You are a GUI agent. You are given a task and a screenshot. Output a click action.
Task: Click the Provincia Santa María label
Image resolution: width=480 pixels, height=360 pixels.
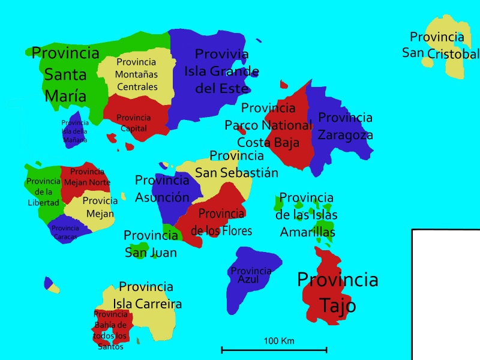click(65, 74)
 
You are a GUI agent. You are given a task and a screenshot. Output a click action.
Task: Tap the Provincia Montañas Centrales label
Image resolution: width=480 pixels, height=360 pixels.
click(137, 74)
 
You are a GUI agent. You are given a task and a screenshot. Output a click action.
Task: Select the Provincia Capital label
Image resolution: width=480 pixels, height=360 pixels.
click(134, 123)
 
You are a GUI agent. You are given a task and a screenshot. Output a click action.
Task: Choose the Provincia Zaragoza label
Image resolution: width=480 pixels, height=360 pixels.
click(345, 126)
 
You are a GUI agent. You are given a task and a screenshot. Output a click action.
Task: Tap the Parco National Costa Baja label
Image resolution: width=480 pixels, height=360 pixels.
click(268, 125)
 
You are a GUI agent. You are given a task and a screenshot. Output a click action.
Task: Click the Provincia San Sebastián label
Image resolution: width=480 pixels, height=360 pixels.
click(236, 164)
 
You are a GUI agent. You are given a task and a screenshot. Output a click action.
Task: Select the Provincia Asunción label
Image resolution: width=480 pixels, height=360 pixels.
click(162, 188)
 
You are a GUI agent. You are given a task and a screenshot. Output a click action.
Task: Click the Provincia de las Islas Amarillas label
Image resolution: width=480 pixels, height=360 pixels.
click(307, 215)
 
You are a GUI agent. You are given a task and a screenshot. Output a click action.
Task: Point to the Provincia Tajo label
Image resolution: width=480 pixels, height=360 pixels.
click(338, 292)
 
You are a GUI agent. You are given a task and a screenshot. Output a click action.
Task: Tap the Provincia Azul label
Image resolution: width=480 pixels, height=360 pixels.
click(251, 275)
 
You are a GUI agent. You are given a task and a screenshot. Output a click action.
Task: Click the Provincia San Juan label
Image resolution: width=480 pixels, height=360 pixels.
click(151, 244)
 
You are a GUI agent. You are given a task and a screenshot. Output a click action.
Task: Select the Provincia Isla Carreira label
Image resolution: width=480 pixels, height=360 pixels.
click(146, 295)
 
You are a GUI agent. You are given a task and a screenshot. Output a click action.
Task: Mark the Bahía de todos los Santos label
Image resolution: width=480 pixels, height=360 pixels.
click(110, 330)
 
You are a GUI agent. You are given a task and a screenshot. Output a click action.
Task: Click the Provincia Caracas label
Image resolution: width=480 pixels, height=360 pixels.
click(65, 232)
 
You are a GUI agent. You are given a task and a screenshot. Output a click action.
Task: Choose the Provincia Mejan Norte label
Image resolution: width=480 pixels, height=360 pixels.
click(87, 177)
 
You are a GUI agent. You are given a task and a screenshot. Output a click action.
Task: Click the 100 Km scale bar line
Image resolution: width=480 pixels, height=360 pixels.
click(274, 349)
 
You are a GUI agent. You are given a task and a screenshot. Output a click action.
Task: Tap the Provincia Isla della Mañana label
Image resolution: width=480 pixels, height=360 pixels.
click(75, 131)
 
